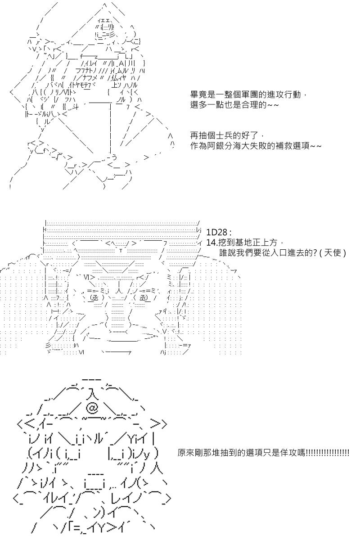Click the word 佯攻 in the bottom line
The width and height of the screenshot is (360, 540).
[289, 453]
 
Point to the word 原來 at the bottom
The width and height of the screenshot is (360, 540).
[186, 453]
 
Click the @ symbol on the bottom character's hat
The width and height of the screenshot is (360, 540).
[92, 409]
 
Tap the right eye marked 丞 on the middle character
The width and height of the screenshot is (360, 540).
[143, 298]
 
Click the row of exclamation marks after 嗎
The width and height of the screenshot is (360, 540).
[328, 453]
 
